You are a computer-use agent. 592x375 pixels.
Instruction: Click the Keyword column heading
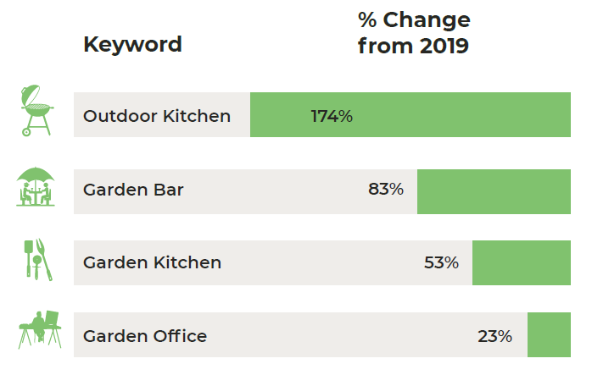(x=132, y=45)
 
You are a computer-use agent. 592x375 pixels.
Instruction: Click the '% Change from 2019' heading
(x=414, y=33)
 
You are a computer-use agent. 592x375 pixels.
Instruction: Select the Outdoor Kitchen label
(x=157, y=116)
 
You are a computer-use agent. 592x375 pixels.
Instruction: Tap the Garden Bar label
(x=133, y=190)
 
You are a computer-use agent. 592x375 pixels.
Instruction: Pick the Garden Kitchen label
(x=152, y=262)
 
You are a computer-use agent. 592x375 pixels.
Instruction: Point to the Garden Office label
(x=145, y=336)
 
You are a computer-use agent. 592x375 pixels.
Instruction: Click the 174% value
(x=332, y=116)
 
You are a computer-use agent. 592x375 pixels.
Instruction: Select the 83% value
(x=386, y=189)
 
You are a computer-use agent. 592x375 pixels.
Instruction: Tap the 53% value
(x=441, y=262)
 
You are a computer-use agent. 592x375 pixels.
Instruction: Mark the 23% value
(x=495, y=336)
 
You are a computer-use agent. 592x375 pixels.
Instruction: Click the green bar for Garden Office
(x=549, y=334)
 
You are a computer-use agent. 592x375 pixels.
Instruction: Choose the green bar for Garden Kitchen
(x=522, y=262)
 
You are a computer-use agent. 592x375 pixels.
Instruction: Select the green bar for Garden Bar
(x=494, y=191)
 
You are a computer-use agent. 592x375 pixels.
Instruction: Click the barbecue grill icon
(x=36, y=110)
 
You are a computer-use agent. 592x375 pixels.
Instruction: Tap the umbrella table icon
(x=36, y=186)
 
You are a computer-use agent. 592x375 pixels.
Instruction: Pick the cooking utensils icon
(x=38, y=260)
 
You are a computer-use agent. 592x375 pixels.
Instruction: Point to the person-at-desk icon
(x=40, y=329)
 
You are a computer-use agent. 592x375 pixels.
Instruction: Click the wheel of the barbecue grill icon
(x=26, y=132)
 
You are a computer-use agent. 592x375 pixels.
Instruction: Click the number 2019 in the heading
(x=444, y=47)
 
